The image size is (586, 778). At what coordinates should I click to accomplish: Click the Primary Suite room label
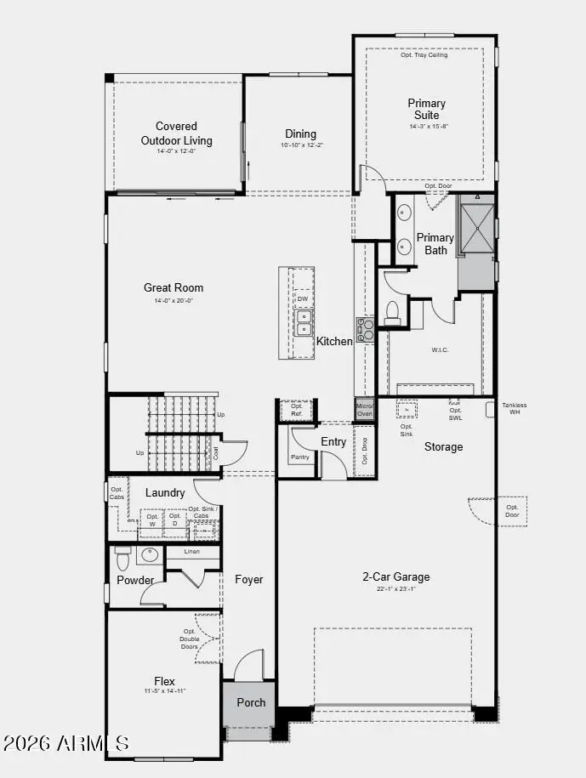tap(426, 109)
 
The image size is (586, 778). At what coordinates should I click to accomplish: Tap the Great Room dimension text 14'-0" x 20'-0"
tap(174, 301)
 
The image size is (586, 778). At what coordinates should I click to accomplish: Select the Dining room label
tap(300, 133)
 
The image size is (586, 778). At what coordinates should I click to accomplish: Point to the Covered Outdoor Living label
tap(177, 133)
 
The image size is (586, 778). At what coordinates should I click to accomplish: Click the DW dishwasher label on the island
tap(303, 299)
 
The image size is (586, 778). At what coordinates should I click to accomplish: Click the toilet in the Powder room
tap(122, 559)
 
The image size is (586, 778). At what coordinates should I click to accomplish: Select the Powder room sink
tap(149, 555)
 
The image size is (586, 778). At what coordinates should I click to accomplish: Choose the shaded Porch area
tap(250, 702)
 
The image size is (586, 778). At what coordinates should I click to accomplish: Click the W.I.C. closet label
tap(440, 349)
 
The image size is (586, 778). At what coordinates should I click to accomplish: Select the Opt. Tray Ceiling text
tap(424, 55)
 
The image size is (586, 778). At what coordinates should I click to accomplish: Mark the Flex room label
tap(165, 681)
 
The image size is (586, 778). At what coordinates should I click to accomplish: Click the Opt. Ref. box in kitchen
tap(297, 410)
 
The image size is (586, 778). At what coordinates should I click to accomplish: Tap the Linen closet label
tap(192, 553)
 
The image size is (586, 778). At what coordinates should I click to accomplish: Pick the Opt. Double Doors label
tap(189, 639)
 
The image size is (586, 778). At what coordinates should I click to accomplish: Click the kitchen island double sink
tap(303, 321)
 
